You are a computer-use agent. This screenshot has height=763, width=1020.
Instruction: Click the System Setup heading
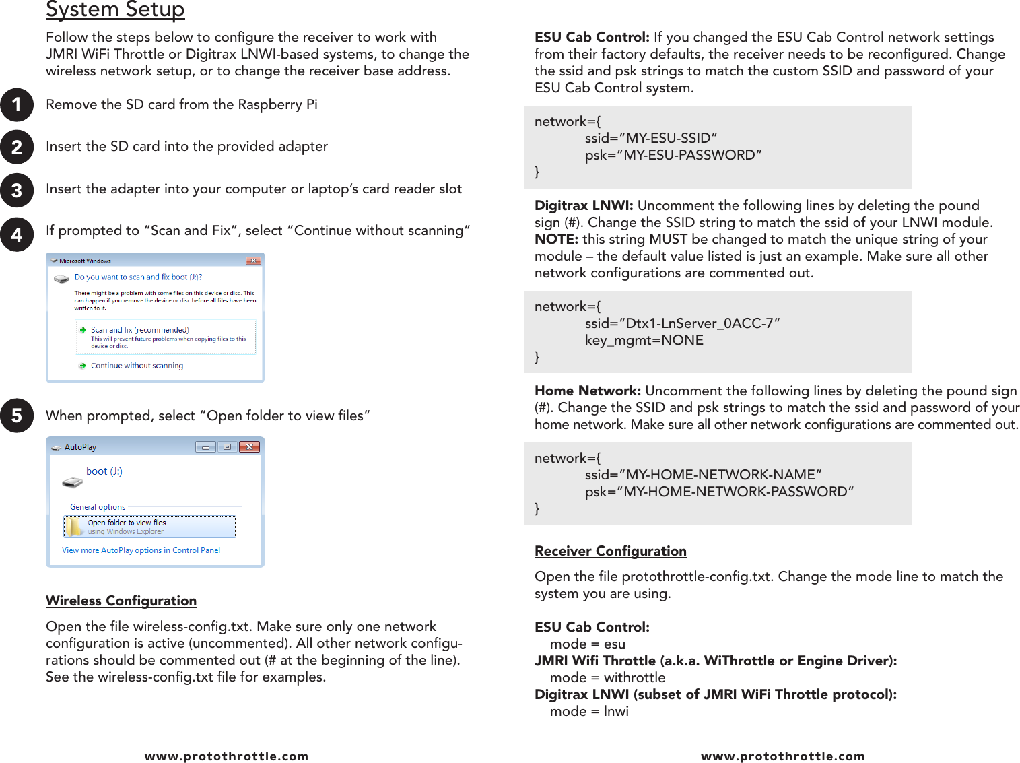115,9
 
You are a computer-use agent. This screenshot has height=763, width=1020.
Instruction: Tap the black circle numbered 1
17,105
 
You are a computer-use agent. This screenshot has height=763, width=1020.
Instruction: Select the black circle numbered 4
17,234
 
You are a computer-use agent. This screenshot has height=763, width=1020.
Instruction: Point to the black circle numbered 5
17,416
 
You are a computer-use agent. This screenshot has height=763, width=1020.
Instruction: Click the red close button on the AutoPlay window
249,446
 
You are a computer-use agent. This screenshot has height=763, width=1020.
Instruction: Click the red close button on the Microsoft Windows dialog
253,261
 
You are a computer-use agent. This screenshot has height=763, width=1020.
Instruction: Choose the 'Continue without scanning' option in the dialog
137,366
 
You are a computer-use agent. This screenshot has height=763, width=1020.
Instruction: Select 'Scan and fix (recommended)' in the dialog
139,330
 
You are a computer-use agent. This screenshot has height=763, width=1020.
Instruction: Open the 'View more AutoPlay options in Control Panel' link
141,550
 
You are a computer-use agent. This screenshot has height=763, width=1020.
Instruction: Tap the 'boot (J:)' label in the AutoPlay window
104,471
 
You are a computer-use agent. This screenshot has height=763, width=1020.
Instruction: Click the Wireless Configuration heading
121,601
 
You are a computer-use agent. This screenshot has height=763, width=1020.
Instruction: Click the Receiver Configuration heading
610,551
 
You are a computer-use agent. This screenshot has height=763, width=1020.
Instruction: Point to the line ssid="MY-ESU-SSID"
650,138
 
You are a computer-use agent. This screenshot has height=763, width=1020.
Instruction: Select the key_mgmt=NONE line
644,340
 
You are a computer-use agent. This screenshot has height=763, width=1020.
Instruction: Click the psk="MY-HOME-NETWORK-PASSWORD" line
719,492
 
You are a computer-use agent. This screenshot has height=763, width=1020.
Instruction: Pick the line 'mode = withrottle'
607,677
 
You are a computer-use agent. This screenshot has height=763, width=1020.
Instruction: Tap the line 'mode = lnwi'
589,711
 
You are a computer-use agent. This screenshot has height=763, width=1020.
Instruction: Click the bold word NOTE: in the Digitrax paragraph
556,239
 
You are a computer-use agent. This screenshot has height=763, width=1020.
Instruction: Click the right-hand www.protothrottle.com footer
782,756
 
